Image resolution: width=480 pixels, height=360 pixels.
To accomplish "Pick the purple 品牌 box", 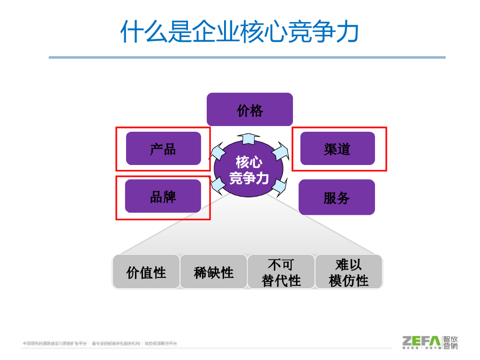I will (x=163, y=196).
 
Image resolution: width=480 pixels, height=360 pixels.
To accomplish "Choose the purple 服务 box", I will (x=337, y=197).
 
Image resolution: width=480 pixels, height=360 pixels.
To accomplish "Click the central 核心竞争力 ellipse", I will (x=249, y=170).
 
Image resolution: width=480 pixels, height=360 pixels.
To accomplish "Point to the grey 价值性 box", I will (x=146, y=272).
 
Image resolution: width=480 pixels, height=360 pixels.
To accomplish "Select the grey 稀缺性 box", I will (x=213, y=272).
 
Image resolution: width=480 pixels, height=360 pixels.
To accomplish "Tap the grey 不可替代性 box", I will (x=281, y=272).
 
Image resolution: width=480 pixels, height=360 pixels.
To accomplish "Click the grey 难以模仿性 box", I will (x=348, y=272).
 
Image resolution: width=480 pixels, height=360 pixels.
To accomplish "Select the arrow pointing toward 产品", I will (x=217, y=151).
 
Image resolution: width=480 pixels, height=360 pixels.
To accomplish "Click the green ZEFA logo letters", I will (x=421, y=341).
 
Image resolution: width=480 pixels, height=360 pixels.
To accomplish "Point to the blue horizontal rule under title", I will (x=247, y=58).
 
